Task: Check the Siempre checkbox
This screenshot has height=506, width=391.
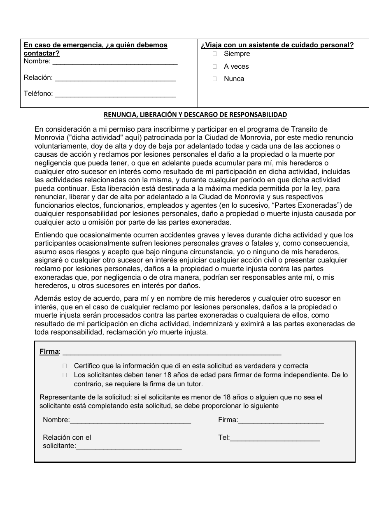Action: (x=214, y=54)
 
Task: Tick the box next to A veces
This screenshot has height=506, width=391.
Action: (x=214, y=66)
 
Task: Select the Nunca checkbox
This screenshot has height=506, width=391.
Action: (x=214, y=79)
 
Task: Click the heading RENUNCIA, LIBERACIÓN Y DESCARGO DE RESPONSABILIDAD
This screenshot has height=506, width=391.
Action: (x=195, y=115)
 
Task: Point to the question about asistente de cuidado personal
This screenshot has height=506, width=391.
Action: (x=277, y=45)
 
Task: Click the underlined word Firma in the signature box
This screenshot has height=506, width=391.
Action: (x=49, y=352)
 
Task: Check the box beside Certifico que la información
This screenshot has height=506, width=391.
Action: (x=65, y=366)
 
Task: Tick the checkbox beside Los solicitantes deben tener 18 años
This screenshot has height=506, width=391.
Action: (x=65, y=375)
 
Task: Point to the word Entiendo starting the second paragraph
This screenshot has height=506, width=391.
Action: (x=48, y=235)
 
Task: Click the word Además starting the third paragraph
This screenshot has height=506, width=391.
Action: (x=47, y=298)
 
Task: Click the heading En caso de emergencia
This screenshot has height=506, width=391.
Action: (x=95, y=45)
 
